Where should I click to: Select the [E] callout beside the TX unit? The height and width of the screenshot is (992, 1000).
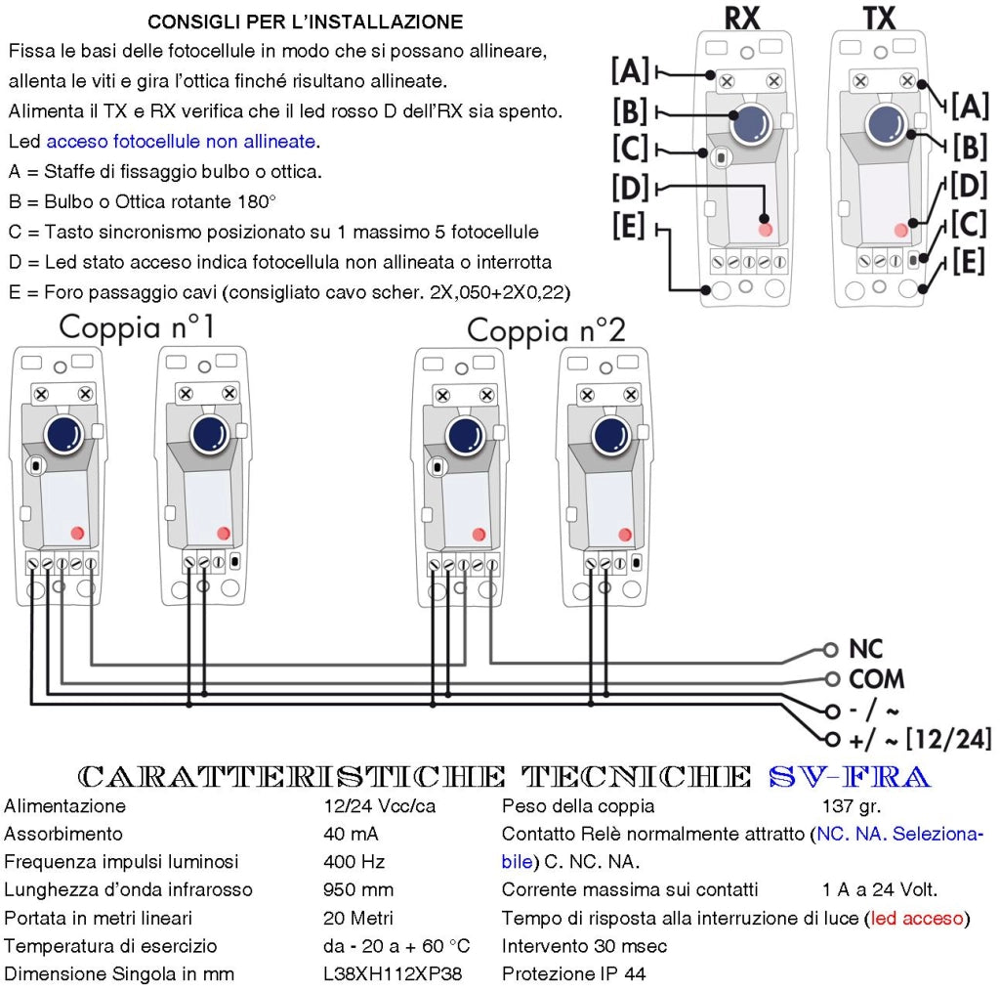point(969,262)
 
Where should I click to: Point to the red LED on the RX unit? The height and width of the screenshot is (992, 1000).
point(766,230)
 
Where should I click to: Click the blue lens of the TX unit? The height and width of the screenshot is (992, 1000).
point(885,123)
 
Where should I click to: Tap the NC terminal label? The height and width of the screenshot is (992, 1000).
point(865,649)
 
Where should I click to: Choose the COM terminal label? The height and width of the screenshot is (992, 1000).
point(876,679)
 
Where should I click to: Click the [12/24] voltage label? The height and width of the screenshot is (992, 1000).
point(949,739)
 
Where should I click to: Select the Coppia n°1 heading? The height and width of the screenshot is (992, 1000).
point(137,326)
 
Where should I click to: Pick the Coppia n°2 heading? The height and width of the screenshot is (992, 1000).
point(546,330)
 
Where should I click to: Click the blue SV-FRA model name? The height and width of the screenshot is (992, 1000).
point(850,777)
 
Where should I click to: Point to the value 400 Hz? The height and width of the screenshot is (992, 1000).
point(354,862)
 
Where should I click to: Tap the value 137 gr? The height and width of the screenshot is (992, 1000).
point(852,806)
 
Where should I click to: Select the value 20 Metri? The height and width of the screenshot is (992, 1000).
point(357,918)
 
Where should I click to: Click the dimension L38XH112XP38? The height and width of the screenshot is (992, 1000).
point(393,974)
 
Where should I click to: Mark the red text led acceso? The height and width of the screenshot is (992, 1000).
point(917,918)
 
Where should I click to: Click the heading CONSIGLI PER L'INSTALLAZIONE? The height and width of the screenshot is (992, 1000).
point(306,22)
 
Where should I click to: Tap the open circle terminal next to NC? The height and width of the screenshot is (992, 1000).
point(830,650)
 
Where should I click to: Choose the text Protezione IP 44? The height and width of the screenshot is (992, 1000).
point(573,974)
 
